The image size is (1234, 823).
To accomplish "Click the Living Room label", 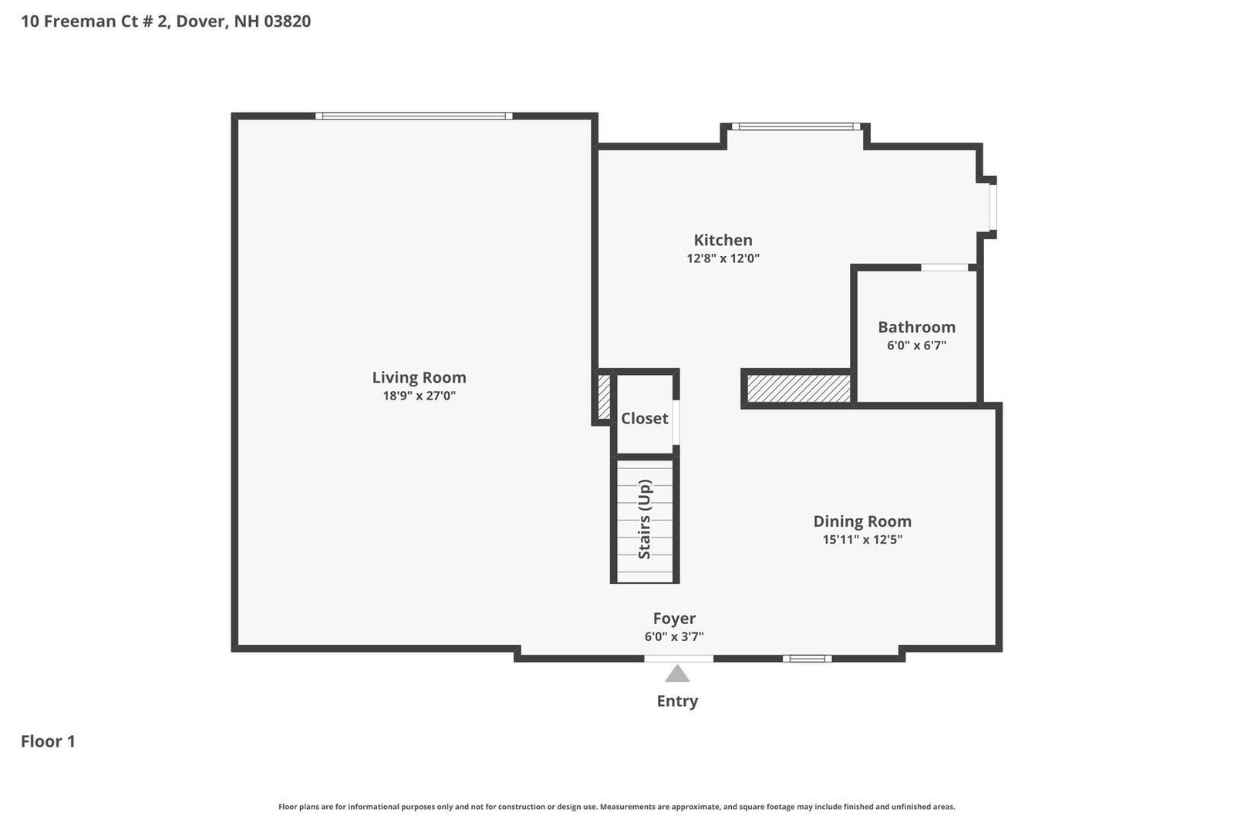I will click(x=419, y=377).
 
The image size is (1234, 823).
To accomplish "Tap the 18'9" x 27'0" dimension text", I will click(x=419, y=396).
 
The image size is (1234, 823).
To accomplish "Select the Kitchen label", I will click(x=723, y=240).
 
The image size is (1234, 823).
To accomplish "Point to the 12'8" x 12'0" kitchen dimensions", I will click(x=723, y=258).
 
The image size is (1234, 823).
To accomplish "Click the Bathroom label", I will click(x=916, y=327).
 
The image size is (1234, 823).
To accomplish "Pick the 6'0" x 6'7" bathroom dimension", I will click(x=916, y=346).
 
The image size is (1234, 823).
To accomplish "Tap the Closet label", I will click(x=644, y=418).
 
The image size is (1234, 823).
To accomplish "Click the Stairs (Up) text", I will click(x=645, y=519).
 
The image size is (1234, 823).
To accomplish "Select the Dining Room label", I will click(x=862, y=521).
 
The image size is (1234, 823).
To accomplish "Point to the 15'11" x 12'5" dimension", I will click(x=862, y=539).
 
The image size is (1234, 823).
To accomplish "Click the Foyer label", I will click(x=674, y=619).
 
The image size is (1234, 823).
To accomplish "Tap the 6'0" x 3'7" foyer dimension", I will click(x=674, y=637).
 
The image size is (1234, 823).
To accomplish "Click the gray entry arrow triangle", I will click(x=677, y=675).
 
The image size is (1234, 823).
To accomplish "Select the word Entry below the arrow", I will click(x=677, y=701).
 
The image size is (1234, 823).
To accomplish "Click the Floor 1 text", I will click(x=48, y=741).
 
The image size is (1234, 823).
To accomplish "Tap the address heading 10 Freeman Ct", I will click(x=166, y=21).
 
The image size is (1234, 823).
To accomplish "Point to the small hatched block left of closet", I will click(x=604, y=396).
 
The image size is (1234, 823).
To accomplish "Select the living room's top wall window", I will click(x=414, y=116).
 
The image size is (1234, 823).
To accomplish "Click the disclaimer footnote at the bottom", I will click(x=616, y=807).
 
